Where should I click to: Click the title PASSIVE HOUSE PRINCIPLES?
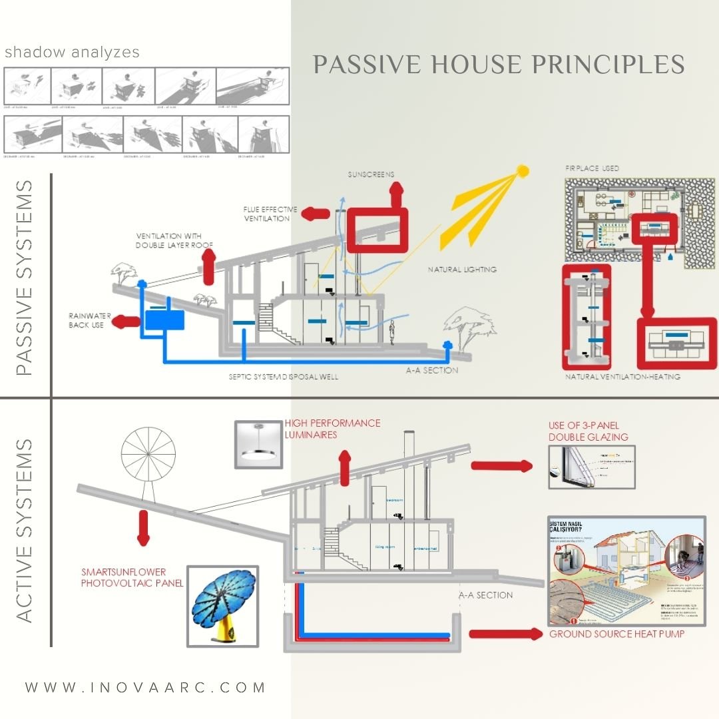click(499, 65)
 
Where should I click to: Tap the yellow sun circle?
click(523, 172)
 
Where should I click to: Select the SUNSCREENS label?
click(371, 174)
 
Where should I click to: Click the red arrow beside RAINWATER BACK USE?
click(124, 323)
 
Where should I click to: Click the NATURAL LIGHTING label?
click(462, 270)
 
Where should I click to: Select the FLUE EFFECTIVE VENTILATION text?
click(270, 214)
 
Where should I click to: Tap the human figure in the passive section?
click(392, 333)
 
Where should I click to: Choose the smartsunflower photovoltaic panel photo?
click(222, 605)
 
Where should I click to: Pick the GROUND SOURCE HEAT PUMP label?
click(616, 634)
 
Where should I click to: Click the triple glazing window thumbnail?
click(591, 467)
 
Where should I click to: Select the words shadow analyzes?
click(72, 53)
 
